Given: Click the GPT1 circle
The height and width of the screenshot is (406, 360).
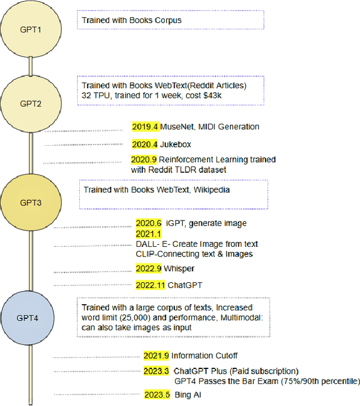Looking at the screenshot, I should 30,28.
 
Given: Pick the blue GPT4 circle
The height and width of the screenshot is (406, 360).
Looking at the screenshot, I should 30,317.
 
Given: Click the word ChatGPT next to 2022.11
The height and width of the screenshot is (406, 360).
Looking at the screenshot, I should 186,285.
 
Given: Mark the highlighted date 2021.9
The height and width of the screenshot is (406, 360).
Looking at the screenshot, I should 156,355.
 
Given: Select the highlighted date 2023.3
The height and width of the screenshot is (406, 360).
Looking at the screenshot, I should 156,371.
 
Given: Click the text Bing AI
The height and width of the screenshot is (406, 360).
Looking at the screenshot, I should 187,395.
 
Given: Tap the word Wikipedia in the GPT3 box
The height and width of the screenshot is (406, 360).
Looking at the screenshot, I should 212,190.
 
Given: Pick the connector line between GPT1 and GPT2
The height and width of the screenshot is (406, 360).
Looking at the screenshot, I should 31,66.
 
